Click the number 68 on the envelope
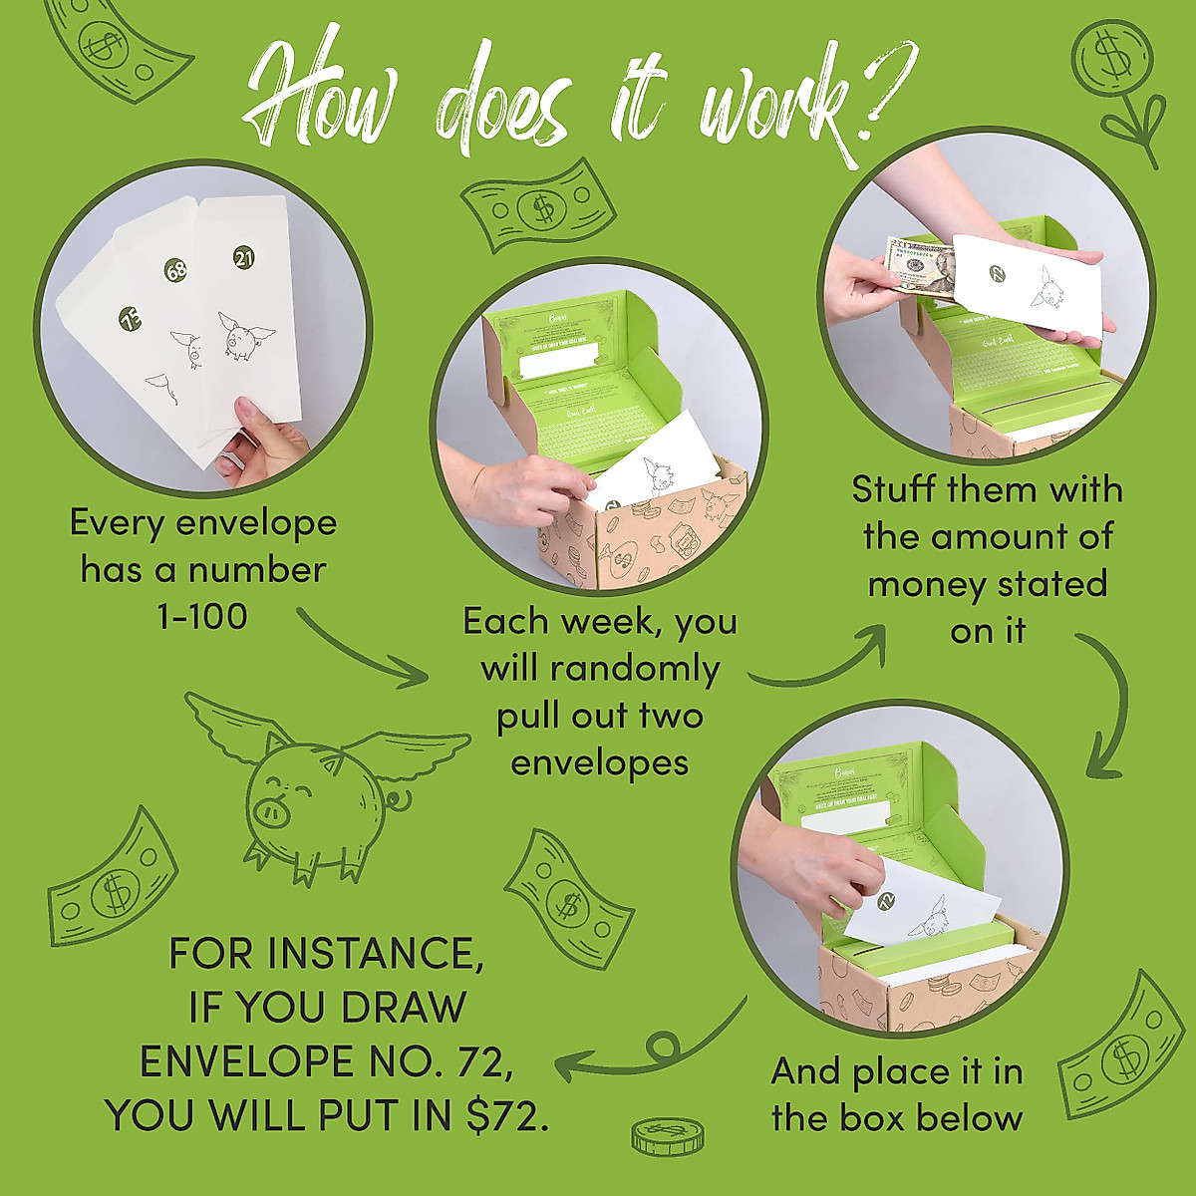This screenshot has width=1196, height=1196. (x=175, y=270)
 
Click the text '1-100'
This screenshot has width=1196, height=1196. (x=202, y=617)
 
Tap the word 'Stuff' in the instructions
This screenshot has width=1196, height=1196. (x=894, y=490)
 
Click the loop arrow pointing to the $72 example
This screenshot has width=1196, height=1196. (x=648, y=1051)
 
